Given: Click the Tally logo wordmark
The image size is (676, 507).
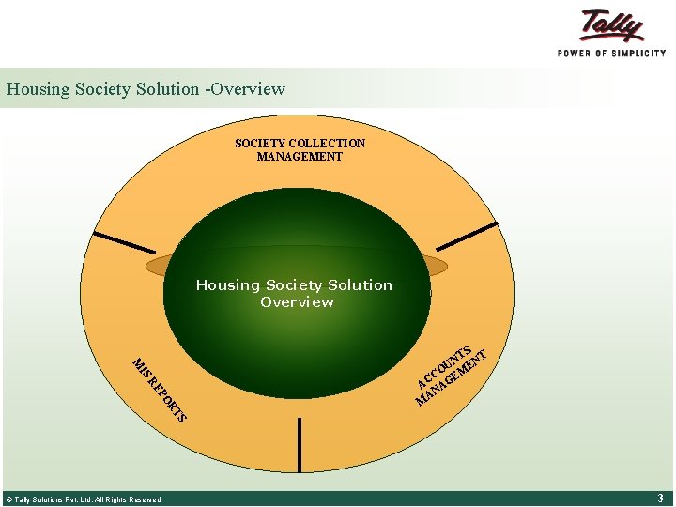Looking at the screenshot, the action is point(612,26).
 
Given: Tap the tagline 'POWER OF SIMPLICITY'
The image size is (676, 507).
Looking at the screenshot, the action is point(611,54).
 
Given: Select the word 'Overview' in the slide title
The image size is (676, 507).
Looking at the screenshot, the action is point(248,89).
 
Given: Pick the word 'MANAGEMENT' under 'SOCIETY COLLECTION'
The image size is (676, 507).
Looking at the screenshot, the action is point(300,157).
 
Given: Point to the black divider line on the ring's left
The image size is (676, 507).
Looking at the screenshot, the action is point(125,241).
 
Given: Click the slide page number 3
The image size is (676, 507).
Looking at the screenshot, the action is point(660,499).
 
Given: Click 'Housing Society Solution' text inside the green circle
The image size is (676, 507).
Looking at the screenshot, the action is point(294,285).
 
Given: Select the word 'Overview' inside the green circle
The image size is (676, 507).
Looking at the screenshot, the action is point(297,302).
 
